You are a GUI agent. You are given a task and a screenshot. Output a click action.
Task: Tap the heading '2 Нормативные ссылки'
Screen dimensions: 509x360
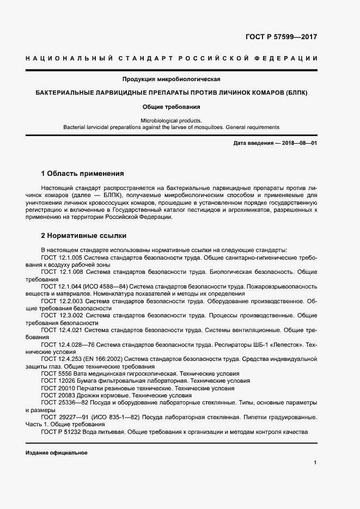(x=84, y=236)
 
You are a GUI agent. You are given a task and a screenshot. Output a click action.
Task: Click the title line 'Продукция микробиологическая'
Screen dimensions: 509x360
(x=171, y=79)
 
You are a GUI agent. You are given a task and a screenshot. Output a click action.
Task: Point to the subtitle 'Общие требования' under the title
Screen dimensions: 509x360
(x=171, y=107)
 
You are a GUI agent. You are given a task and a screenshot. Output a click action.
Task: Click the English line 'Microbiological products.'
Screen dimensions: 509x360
(x=171, y=120)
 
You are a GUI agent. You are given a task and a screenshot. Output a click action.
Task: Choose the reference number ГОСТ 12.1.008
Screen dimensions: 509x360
(x=61, y=271)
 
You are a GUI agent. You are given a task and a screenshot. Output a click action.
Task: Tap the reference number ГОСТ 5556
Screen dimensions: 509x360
(x=53, y=373)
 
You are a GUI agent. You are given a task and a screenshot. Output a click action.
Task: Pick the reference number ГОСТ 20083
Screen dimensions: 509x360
(x=55, y=395)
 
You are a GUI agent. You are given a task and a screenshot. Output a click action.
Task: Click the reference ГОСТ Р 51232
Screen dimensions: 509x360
(x=61, y=432)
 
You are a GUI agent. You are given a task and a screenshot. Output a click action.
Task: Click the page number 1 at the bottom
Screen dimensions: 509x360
(x=315, y=462)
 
